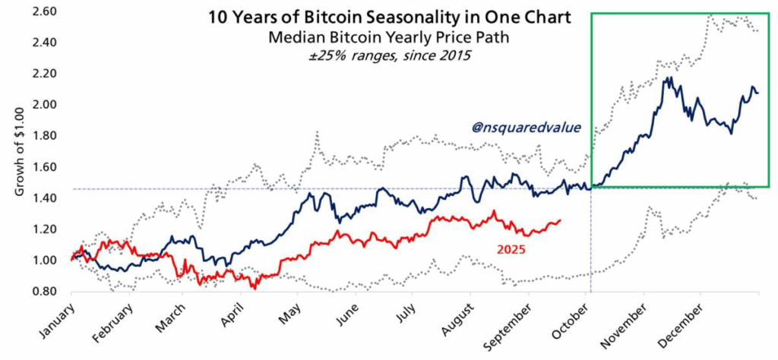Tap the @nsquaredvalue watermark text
tap(527, 128)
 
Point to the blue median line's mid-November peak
tap(668, 77)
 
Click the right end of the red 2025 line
tap(561, 220)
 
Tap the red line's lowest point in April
tap(255, 289)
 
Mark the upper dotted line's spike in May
tap(316, 133)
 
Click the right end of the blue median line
tap(757, 93)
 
